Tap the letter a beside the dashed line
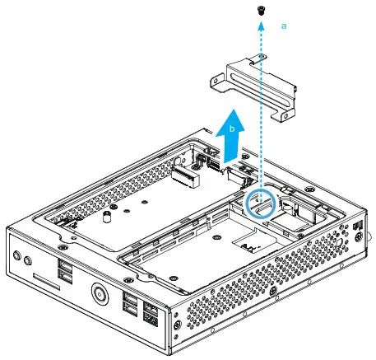285,26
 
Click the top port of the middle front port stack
130,299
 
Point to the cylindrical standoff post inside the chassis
106,220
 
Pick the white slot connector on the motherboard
187,175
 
